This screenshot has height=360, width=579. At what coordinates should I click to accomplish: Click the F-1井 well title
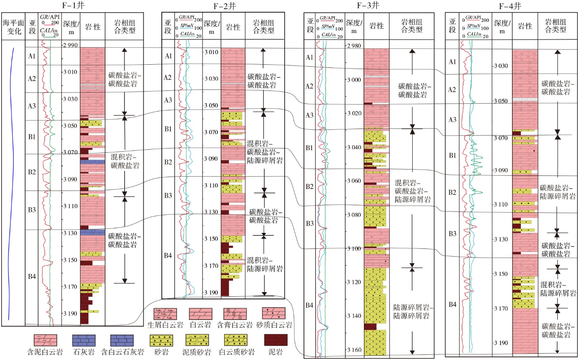coord(73,6)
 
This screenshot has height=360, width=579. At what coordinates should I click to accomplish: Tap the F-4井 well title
coord(510,6)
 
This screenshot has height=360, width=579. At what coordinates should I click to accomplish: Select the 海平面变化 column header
coord(13,27)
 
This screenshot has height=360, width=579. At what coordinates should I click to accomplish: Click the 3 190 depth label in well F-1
coord(70,314)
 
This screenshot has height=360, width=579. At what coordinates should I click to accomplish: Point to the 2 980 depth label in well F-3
coord(354,46)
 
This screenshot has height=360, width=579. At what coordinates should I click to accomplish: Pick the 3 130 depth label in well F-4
coord(501,239)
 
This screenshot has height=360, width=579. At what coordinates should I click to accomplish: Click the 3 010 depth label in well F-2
coord(211,52)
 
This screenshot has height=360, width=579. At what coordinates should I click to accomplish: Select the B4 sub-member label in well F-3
coord(310,305)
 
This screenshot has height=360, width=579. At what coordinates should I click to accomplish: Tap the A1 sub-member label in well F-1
coord(31,56)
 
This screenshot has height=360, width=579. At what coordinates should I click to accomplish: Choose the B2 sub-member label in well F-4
coord(452,192)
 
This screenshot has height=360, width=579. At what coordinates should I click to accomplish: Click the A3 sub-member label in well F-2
coord(168,100)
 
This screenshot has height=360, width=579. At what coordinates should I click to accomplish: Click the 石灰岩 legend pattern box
coord(84,341)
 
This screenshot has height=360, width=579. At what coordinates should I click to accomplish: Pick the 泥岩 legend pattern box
coord(276,340)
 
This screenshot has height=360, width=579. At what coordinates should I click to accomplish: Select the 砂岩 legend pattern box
coord(161,341)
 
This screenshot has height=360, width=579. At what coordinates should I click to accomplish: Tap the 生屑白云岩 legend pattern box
coord(165,314)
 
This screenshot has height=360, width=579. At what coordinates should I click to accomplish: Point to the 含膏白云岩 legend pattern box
coord(235,314)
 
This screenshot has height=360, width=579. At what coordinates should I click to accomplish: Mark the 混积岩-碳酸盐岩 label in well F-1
coord(125,161)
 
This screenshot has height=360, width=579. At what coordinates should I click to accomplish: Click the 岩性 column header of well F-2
coord(233,27)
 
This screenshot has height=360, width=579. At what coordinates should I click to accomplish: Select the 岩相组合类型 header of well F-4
coord(556,26)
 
